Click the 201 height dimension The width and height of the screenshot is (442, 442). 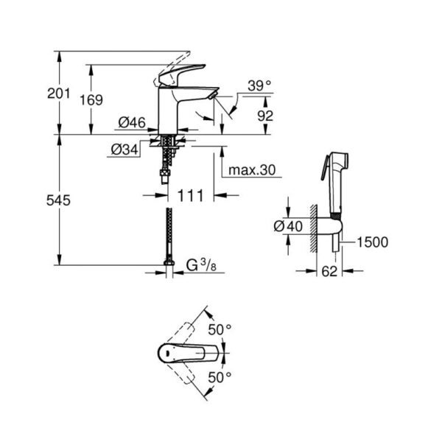pyautogui.click(x=58, y=94)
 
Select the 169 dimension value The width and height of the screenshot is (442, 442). pyautogui.click(x=91, y=100)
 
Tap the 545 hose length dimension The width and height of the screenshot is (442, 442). pyautogui.click(x=58, y=200)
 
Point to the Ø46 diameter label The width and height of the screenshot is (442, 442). pyautogui.click(x=132, y=122)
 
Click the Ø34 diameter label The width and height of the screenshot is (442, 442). pyautogui.click(x=124, y=150)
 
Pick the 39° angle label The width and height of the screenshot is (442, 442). pyautogui.click(x=259, y=85)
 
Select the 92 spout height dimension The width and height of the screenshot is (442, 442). pyautogui.click(x=265, y=116)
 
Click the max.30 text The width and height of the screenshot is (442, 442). pyautogui.click(x=252, y=170)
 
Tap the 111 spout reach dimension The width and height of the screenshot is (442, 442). pyautogui.click(x=190, y=196)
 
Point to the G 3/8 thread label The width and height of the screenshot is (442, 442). pyautogui.click(x=201, y=265)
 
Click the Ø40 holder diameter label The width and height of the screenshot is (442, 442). pyautogui.click(x=288, y=226)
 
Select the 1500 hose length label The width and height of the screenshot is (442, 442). pyautogui.click(x=372, y=242)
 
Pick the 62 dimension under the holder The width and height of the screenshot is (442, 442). pyautogui.click(x=329, y=271)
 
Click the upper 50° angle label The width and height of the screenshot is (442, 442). pyautogui.click(x=220, y=329)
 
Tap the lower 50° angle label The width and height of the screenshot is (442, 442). pyautogui.click(x=220, y=377)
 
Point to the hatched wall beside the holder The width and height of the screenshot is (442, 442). pyautogui.click(x=314, y=228)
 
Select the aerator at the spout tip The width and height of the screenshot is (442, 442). pyautogui.click(x=212, y=96)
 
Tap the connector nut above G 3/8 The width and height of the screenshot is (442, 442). pyautogui.click(x=169, y=263)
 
